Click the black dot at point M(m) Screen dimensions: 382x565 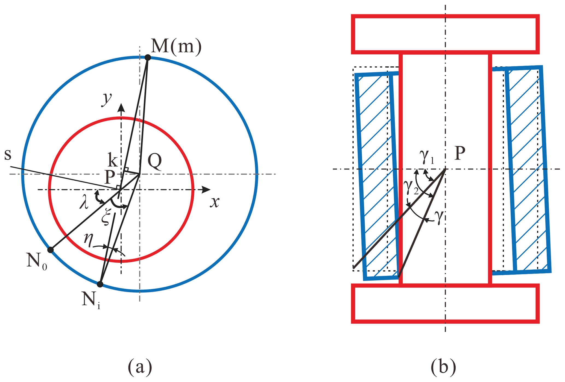coord(148,57)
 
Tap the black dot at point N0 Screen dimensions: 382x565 coord(50,250)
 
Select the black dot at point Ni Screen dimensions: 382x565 coord(100,284)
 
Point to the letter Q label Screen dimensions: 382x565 coord(155,162)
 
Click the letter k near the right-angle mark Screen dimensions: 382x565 coord(113,160)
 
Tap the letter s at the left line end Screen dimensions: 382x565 coord(8,155)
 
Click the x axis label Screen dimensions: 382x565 coord(215,202)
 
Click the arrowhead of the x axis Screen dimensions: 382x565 coord(206,190)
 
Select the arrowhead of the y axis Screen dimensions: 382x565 coord(121,108)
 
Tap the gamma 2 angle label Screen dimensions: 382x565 coord(411,188)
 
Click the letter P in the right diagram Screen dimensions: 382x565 coord(460,154)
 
